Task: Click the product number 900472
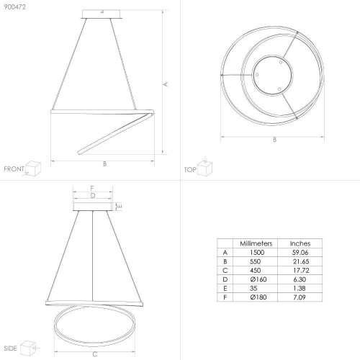(14, 7)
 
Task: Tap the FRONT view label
(14, 169)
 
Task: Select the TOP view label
(190, 170)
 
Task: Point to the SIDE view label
(10, 348)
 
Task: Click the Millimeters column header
(256, 243)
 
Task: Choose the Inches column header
(300, 243)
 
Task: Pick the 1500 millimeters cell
(257, 253)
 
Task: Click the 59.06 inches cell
(300, 253)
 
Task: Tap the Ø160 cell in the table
(258, 279)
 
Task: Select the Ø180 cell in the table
(258, 297)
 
